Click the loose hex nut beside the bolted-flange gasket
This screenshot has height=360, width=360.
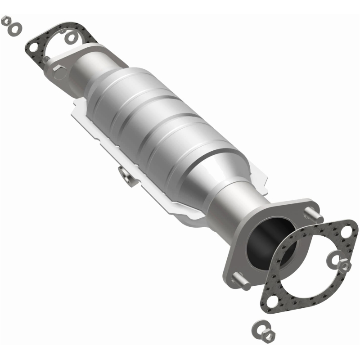point(6,21)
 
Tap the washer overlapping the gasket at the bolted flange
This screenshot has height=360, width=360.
point(71,37)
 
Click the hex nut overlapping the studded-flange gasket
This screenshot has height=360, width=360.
point(344,266)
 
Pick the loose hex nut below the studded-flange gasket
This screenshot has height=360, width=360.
point(267,335)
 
